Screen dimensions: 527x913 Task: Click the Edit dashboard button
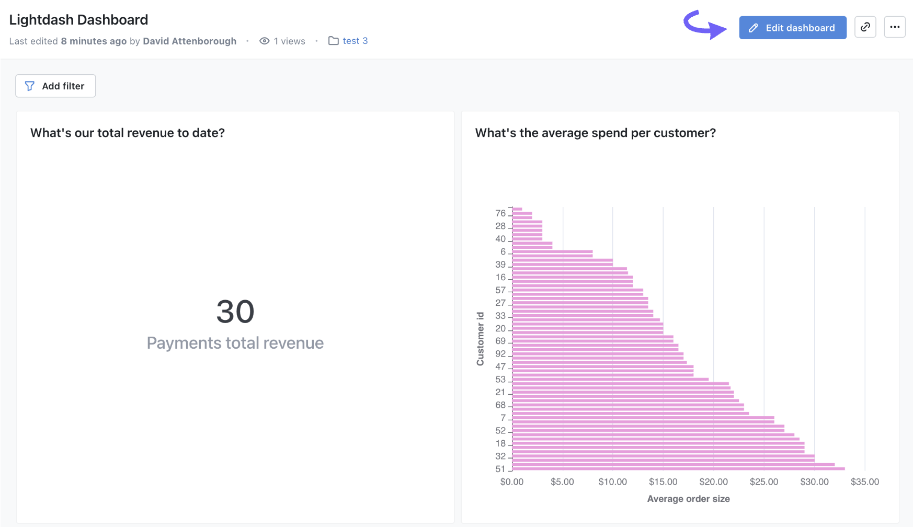point(792,28)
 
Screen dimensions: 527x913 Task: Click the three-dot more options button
point(894,27)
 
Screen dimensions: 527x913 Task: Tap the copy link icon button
point(865,27)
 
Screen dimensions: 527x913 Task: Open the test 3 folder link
point(355,41)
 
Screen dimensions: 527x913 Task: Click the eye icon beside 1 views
point(265,41)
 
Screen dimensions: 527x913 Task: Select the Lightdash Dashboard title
point(78,20)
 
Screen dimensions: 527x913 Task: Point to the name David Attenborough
point(189,41)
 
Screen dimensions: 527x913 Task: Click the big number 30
point(235,312)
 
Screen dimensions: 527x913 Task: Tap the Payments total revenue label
point(235,343)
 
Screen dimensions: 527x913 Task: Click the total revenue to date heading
point(128,133)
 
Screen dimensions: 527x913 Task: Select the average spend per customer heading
point(595,133)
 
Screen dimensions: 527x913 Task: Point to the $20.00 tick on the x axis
point(713,482)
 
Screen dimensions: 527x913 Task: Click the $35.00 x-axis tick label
point(864,482)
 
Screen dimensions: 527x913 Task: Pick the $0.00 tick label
point(511,482)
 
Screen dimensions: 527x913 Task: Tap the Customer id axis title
point(480,339)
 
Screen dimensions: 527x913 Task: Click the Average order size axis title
point(688,499)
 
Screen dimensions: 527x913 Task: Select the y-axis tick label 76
point(500,213)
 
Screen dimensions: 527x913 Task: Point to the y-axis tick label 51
point(500,469)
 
